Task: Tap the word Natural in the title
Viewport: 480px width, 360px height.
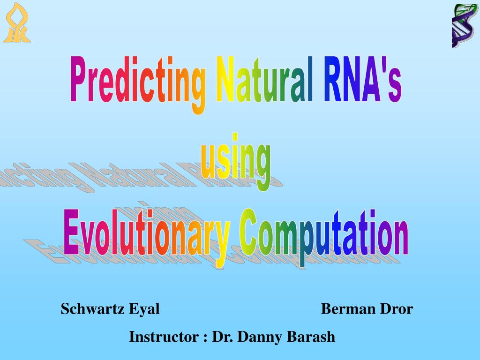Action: point(264,79)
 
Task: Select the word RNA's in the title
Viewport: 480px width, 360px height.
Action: point(362,79)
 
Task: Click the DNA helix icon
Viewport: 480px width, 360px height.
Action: point(464,26)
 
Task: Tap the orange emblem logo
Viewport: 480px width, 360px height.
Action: point(17,22)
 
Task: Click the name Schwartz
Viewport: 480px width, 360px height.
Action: point(92,308)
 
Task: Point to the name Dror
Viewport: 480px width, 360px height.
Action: point(397,308)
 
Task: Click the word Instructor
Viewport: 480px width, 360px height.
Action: point(164,337)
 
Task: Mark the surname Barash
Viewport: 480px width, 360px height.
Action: point(311,337)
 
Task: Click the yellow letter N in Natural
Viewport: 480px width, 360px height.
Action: point(225,79)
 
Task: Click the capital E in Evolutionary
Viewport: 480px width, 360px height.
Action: point(71,232)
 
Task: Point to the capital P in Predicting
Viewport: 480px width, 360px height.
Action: point(79,78)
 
